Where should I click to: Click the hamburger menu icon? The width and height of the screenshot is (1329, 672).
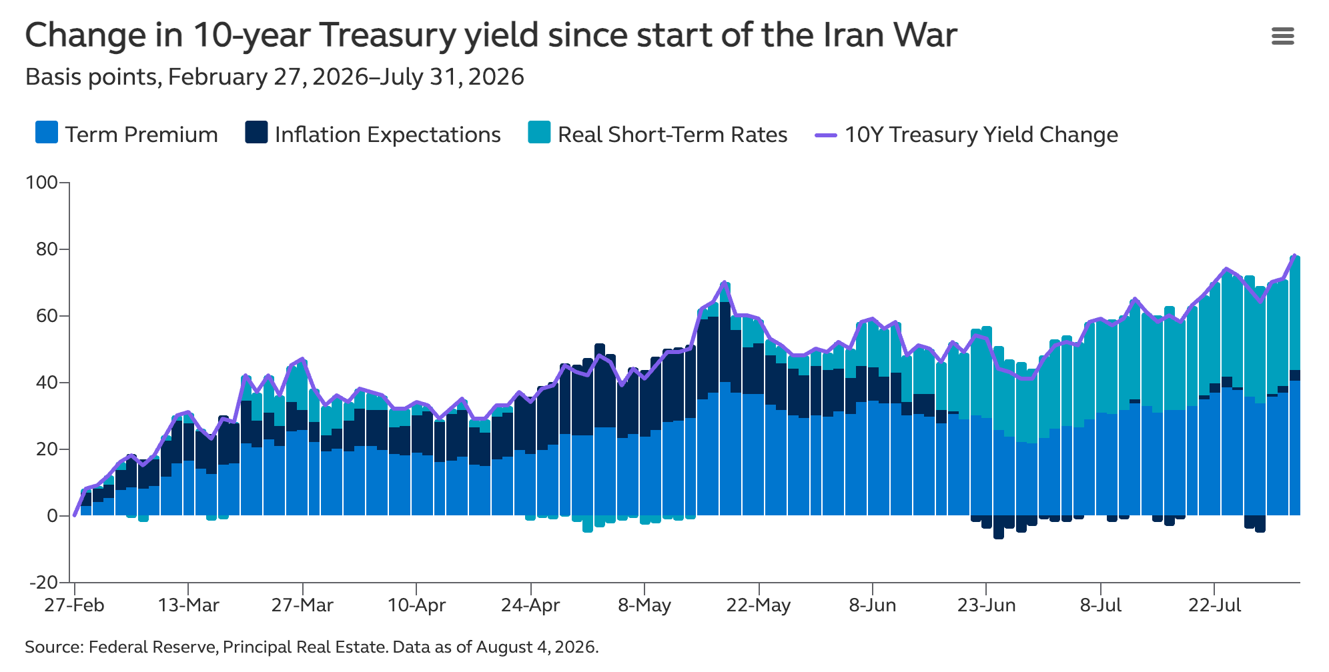coord(1282,36)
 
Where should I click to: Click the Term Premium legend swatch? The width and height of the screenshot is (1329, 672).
coord(47,133)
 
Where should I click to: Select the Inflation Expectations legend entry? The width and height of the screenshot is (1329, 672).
coord(373,133)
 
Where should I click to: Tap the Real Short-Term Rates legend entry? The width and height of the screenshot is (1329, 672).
coord(657,133)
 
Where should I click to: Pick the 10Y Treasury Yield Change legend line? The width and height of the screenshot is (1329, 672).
coord(826,134)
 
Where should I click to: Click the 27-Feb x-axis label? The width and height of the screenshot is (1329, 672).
coord(74,605)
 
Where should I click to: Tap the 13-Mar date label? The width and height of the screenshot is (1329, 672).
coord(189,605)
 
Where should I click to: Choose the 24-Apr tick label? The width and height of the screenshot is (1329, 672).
coord(530,605)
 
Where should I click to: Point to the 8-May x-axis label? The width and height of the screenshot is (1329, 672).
coord(644,605)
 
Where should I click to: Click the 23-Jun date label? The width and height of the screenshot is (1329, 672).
coord(986,605)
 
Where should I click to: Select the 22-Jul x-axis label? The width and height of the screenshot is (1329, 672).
coord(1215,605)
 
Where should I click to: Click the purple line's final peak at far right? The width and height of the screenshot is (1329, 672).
coord(1294,255)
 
